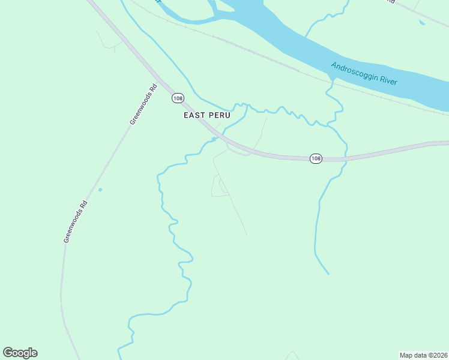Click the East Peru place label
207,115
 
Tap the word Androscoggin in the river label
355,71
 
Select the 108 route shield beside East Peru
177,98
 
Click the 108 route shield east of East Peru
316,158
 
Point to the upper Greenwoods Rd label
144,104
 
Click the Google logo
20,353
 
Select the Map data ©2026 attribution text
423,355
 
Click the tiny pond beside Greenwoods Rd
100,190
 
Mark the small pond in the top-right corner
422,23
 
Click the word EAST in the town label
194,115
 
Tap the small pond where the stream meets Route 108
214,140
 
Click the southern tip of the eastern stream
328,274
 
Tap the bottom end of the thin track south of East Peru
247,235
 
